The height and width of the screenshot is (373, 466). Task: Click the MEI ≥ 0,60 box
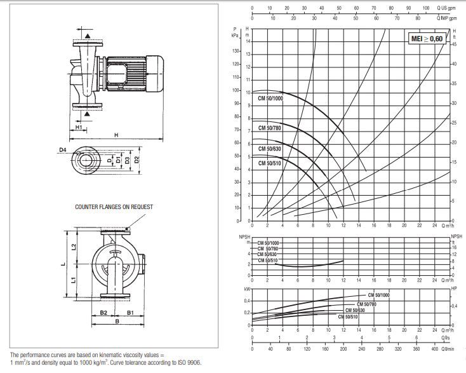[x=427, y=38]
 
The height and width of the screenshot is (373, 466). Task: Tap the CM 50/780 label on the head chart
[x=269, y=128]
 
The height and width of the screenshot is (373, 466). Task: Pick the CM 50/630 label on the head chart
[x=269, y=149]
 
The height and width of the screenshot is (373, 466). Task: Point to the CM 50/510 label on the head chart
[x=269, y=163]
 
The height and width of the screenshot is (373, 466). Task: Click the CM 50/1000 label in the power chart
[x=379, y=295]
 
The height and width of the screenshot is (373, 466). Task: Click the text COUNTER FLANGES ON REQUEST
[x=114, y=207]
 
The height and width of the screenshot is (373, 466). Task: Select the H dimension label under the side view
[x=116, y=135]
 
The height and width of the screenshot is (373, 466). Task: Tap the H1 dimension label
[x=78, y=128]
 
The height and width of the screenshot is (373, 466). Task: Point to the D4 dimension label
[x=63, y=150]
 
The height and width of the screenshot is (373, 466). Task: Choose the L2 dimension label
[x=74, y=246]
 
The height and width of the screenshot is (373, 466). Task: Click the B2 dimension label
[x=103, y=313]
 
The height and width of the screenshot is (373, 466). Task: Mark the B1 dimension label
[x=129, y=313]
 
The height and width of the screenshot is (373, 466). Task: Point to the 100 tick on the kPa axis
[x=236, y=90]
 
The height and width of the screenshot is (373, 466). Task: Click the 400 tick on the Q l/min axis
[x=434, y=349]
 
